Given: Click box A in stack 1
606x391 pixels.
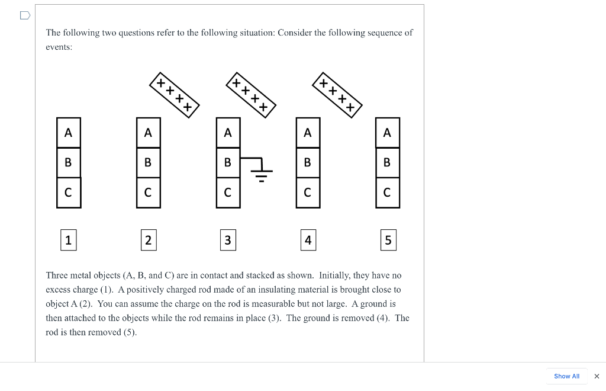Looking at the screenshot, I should pos(69,133).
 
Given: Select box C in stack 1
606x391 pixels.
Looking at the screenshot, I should pos(69,193).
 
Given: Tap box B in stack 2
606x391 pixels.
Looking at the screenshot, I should pos(148,162).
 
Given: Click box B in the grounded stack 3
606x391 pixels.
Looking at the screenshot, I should pos(228,162).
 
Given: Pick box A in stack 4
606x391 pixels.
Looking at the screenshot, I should pos(308,133).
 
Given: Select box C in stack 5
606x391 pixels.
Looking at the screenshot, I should pos(388,193).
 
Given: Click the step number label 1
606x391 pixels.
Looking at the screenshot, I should pos(69,240).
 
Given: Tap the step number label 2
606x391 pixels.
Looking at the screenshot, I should pos(148,240).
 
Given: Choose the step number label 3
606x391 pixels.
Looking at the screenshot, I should pos(228,240).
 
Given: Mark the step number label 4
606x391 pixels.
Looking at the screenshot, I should pos(308,240).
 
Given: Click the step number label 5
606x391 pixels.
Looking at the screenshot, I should pos(388,240).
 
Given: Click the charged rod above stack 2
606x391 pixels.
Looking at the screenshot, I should pos(174,95).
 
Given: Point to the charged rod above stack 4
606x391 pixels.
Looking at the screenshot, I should pos(337,95).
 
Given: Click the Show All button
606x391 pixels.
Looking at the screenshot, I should pos(566,376).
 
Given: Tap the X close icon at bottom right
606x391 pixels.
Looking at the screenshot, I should pos(597,376).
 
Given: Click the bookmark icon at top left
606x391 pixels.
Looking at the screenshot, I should pos(24,15).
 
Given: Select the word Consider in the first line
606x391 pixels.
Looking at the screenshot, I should pos(294,33).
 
